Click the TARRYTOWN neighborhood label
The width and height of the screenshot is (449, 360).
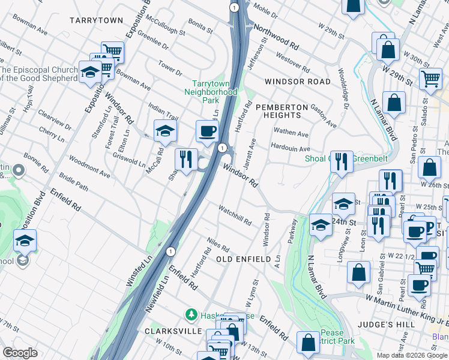pyautogui.click(x=96, y=20)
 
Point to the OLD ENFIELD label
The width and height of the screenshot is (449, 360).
pyautogui.click(x=241, y=259)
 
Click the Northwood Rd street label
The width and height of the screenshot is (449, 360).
pyautogui.click(x=276, y=37)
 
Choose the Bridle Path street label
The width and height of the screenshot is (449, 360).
pyautogui.click(x=74, y=184)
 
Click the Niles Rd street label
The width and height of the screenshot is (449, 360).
pyautogui.click(x=218, y=244)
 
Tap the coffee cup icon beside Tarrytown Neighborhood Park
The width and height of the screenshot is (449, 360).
pyautogui.click(x=208, y=131)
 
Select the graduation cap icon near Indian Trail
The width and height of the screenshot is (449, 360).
pyautogui.click(x=165, y=130)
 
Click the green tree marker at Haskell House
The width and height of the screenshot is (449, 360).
pyautogui.click(x=191, y=314)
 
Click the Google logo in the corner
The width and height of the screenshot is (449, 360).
pyautogui.click(x=20, y=353)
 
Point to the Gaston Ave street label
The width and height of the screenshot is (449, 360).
pyautogui.click(x=323, y=115)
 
